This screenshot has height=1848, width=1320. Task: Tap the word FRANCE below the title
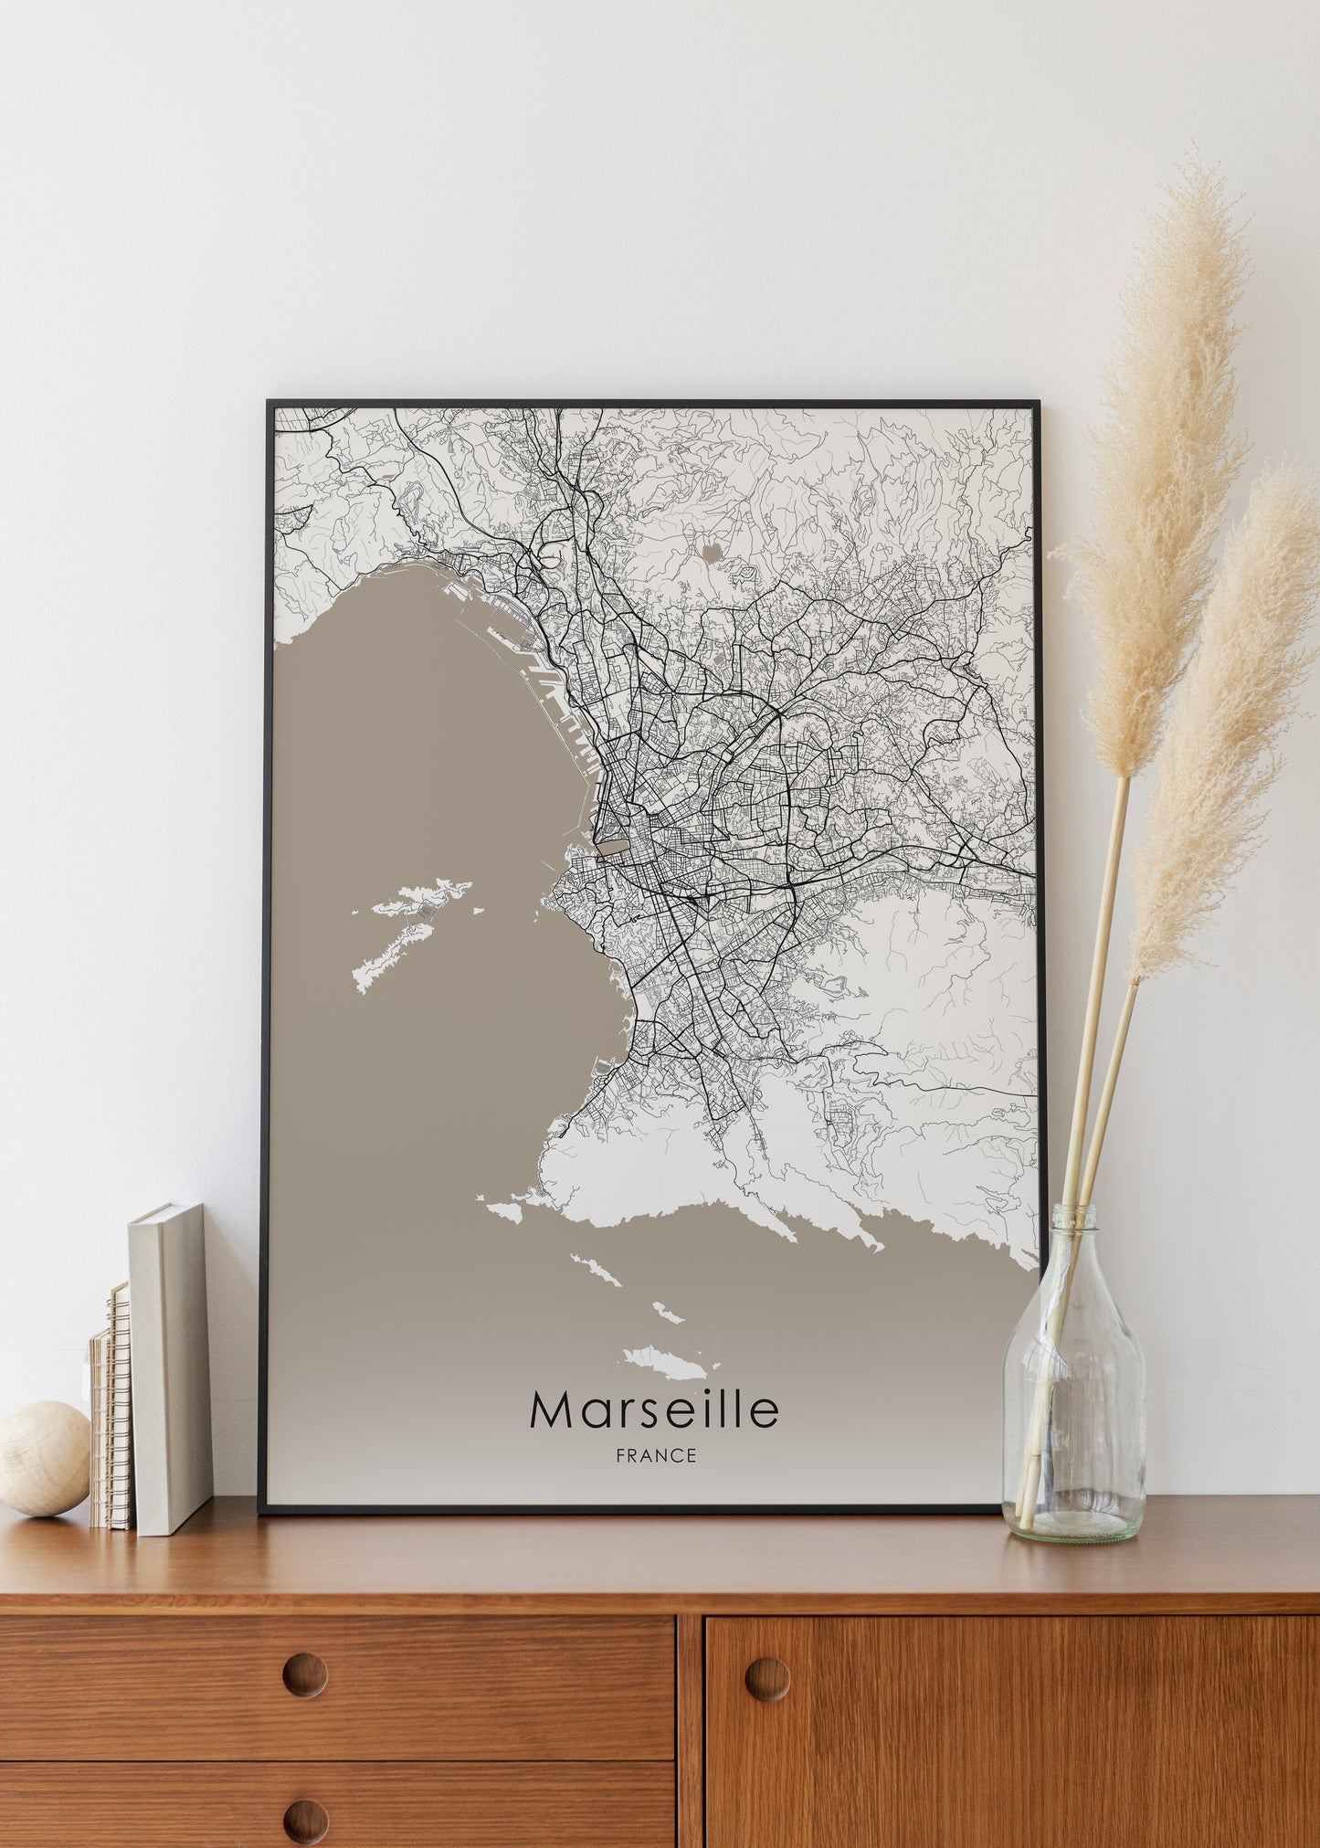pos(656,1456)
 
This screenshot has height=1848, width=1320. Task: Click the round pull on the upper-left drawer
pos(304,1674)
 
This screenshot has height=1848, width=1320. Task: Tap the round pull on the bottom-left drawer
pos(304,1820)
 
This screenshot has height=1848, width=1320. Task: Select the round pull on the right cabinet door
pos(767,1678)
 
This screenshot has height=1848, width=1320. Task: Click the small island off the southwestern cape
pos(502,1210)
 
